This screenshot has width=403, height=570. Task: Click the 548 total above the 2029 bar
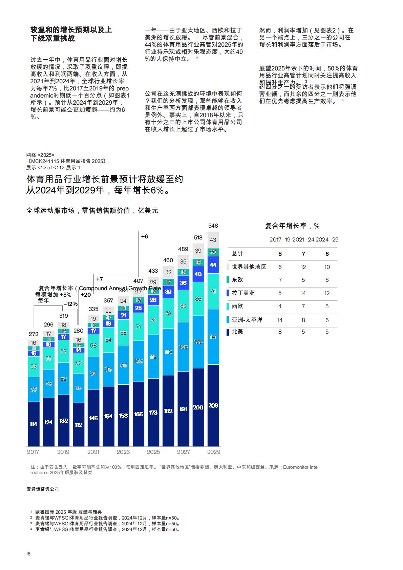pos(213,226)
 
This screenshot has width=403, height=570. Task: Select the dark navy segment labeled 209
pos(213,405)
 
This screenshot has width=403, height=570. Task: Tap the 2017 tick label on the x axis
pos(33,452)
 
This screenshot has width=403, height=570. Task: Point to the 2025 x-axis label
pos(153,452)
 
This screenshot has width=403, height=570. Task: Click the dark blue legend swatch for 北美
pos(228,332)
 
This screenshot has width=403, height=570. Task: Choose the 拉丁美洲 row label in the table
pos(243,293)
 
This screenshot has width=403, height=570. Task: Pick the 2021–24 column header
pos(303,239)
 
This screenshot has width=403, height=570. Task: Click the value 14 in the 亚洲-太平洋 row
pos(280,320)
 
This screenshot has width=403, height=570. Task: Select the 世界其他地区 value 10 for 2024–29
pos(327,267)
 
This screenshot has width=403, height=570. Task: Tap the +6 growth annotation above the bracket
pos(145,236)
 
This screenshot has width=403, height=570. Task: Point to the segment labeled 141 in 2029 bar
pos(213,337)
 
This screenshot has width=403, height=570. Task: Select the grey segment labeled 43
pos(213,240)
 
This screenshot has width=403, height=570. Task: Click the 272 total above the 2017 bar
pos(33,334)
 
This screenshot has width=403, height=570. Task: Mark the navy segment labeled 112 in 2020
pos(79,424)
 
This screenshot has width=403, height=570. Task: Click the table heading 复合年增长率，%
pos(292,226)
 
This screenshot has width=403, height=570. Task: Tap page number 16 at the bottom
pos(28,554)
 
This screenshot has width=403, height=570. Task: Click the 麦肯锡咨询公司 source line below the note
pos(43,489)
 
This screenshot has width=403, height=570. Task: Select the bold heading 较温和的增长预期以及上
pos(71,30)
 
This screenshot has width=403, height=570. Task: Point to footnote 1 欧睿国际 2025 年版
pos(68,512)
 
